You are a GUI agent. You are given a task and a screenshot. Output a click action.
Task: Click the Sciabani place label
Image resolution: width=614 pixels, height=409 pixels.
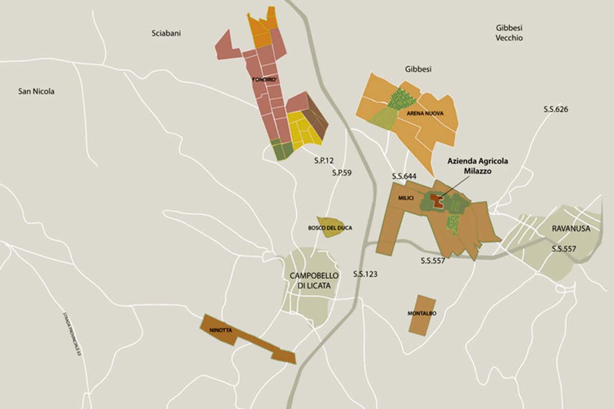166,33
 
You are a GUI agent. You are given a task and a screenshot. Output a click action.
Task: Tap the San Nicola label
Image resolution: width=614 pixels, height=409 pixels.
36,92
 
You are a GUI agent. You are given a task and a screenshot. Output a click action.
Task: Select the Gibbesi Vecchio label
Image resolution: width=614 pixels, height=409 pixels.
509,33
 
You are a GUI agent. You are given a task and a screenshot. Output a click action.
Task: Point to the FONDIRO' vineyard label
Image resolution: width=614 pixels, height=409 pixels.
264,80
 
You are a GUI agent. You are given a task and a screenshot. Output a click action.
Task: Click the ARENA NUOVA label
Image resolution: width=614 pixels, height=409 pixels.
425,113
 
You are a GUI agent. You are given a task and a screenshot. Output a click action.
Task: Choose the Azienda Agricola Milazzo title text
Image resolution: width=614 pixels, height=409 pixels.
477,166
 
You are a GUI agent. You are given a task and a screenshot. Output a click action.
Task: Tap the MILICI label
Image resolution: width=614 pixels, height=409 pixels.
405,197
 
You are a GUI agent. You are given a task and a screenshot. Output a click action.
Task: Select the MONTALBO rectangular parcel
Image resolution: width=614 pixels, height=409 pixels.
422,315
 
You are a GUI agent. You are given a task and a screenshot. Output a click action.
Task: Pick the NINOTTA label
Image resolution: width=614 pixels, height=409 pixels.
221,331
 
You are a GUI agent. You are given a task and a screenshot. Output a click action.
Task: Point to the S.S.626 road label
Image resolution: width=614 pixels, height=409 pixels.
556,109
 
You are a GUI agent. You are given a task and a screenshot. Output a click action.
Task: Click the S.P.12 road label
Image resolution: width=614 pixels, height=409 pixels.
324,160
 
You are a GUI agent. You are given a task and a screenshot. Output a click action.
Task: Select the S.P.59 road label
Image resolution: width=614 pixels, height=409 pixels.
341,173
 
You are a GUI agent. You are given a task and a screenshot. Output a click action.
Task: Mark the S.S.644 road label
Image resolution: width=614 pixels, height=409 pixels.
404,176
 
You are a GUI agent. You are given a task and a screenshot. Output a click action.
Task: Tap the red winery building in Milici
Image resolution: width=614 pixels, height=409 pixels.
436,199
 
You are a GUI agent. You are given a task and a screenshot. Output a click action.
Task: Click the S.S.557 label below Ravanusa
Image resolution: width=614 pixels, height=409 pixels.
565,249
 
